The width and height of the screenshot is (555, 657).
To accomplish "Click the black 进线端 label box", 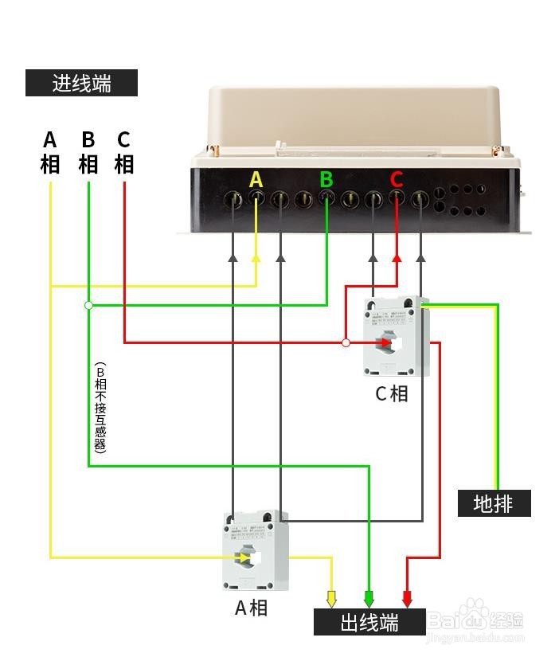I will (x=81, y=83).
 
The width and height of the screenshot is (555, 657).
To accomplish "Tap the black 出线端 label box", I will (x=369, y=622).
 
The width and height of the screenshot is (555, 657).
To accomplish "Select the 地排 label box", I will (x=494, y=503).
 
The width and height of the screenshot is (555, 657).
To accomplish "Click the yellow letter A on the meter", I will (x=256, y=180).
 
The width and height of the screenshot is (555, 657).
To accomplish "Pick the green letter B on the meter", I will (x=326, y=179).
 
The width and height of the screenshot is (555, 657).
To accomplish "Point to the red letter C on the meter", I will (x=397, y=180).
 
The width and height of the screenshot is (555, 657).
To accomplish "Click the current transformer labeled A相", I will (x=255, y=550).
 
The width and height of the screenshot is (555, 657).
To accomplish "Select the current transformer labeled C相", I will (x=396, y=337).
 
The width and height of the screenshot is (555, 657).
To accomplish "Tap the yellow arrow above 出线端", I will (x=332, y=598).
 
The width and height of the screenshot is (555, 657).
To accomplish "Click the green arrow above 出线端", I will (x=369, y=598).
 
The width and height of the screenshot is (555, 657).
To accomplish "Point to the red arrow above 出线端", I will (x=407, y=598).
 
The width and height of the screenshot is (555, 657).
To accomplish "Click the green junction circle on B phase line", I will (x=88, y=305).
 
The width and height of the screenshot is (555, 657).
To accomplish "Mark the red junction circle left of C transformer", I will (x=346, y=343).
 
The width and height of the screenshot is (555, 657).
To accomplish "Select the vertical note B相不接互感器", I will (x=100, y=407).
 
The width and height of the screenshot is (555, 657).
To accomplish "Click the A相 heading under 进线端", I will (x=50, y=152).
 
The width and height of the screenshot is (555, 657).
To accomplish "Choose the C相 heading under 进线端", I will (x=123, y=152).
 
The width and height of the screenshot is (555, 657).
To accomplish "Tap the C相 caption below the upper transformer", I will (x=392, y=394).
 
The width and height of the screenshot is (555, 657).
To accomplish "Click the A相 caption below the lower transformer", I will (x=251, y=608).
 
